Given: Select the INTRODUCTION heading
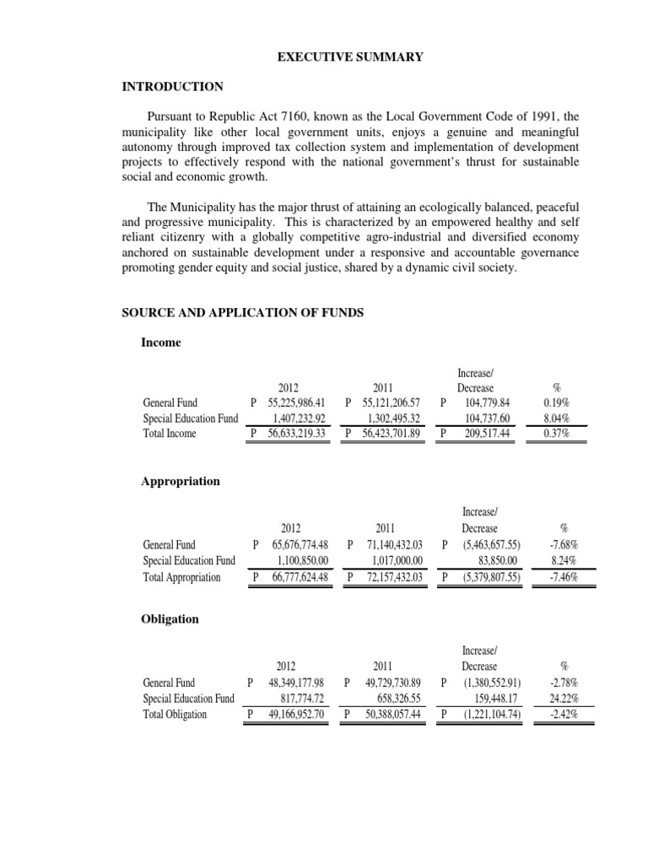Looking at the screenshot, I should tap(173, 87).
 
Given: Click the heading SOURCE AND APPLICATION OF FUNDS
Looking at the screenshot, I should tap(243, 313).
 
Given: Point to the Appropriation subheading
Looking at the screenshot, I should tap(180, 481).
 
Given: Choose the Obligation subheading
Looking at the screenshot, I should tap(170, 618).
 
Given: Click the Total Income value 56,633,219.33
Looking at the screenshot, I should tap(296, 434).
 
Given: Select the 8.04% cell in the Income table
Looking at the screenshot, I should tap(555, 418).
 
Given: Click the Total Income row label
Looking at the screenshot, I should tap(170, 434).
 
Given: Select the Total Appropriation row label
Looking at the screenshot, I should tap(181, 578).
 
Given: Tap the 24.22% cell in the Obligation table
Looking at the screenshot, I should tap(558, 699).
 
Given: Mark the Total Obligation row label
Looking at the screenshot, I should tap(175, 715).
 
